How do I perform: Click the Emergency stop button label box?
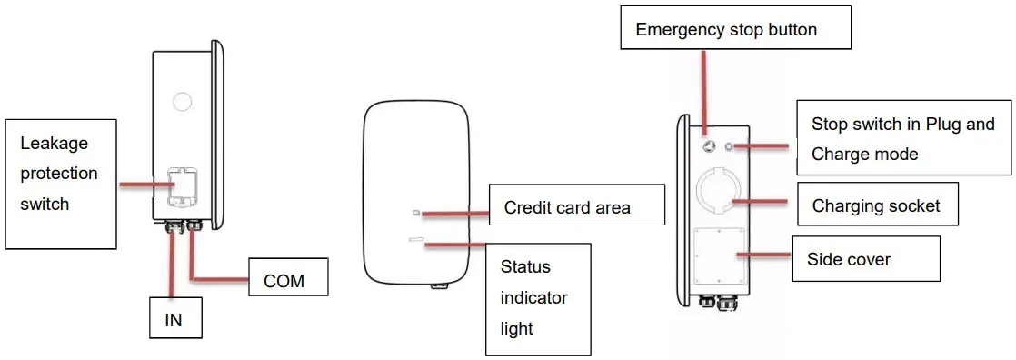pos(736,30)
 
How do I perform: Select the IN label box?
pos(175,319)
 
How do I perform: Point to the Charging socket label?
pos(876,206)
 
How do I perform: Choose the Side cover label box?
pos(849,260)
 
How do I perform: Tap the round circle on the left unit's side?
pos(182,100)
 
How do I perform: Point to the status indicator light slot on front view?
pos(418,241)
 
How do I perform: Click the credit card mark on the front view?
pos(416,213)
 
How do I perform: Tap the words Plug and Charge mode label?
pos(902,139)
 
